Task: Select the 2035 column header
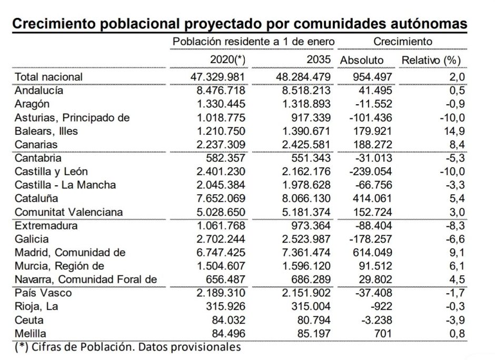(319, 60)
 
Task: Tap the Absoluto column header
(362, 60)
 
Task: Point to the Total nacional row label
(49, 77)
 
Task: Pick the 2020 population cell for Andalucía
(217, 91)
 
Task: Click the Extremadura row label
(46, 226)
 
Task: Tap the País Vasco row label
(43, 293)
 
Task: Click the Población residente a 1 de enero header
(254, 42)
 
